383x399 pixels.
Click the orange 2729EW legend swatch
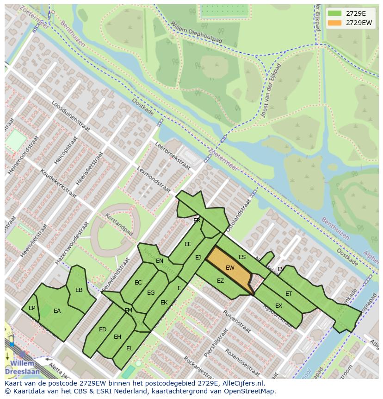click(x=335, y=23)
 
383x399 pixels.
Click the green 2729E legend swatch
click(x=335, y=13)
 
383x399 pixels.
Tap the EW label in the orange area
click(x=230, y=268)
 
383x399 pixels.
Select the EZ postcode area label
click(x=220, y=281)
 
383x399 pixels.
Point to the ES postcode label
click(x=242, y=257)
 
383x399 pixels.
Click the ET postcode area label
click(x=289, y=294)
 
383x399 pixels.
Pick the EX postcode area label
click(x=278, y=306)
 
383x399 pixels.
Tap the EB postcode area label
click(x=79, y=290)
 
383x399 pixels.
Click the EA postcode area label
click(x=57, y=311)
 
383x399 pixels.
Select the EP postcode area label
click(x=32, y=308)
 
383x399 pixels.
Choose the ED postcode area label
click(x=103, y=329)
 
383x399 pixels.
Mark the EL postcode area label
click(x=130, y=348)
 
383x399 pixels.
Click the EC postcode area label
click(x=138, y=283)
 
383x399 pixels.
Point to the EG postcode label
click(x=151, y=293)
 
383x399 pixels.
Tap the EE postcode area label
click(x=188, y=244)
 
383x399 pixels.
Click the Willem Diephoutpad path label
click(x=196, y=32)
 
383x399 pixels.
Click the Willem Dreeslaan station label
click(x=19, y=367)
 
